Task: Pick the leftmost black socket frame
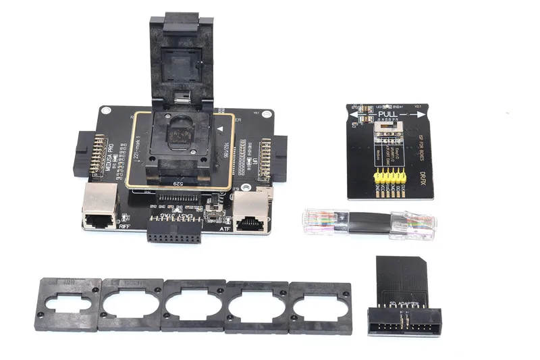(x=67, y=304)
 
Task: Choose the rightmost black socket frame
(x=321, y=307)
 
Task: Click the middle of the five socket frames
(x=192, y=305)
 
